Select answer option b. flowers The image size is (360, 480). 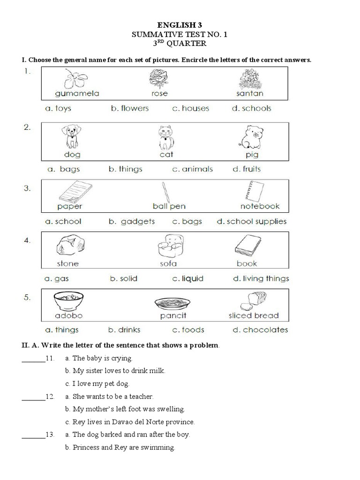click(x=129, y=108)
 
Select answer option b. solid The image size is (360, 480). click(x=123, y=278)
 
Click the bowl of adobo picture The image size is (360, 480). click(x=68, y=301)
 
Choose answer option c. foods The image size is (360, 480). click(x=188, y=330)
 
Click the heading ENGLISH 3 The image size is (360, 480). click(x=180, y=26)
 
